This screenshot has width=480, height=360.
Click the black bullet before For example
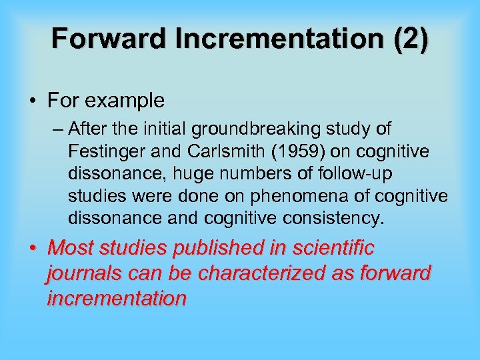tap(33, 101)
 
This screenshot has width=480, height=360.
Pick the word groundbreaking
tap(246, 128)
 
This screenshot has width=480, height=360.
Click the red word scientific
tap(341, 249)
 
